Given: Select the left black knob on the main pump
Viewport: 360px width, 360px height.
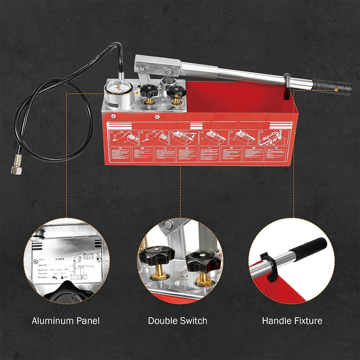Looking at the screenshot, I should click(148, 91).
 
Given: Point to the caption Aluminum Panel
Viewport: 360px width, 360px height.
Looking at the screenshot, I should click(66, 321).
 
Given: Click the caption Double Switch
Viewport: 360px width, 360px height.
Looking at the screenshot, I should click(178, 321).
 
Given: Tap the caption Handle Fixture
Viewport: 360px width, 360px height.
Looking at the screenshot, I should click(292, 321).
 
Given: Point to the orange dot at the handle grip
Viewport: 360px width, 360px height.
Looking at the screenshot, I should click(336, 90).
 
